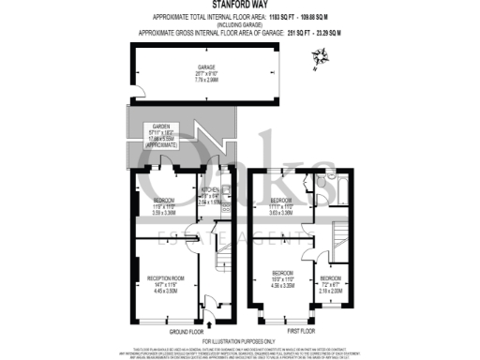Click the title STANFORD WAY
239,6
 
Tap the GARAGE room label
206,67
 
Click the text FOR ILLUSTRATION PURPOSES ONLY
240,339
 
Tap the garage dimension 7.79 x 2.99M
206,81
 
